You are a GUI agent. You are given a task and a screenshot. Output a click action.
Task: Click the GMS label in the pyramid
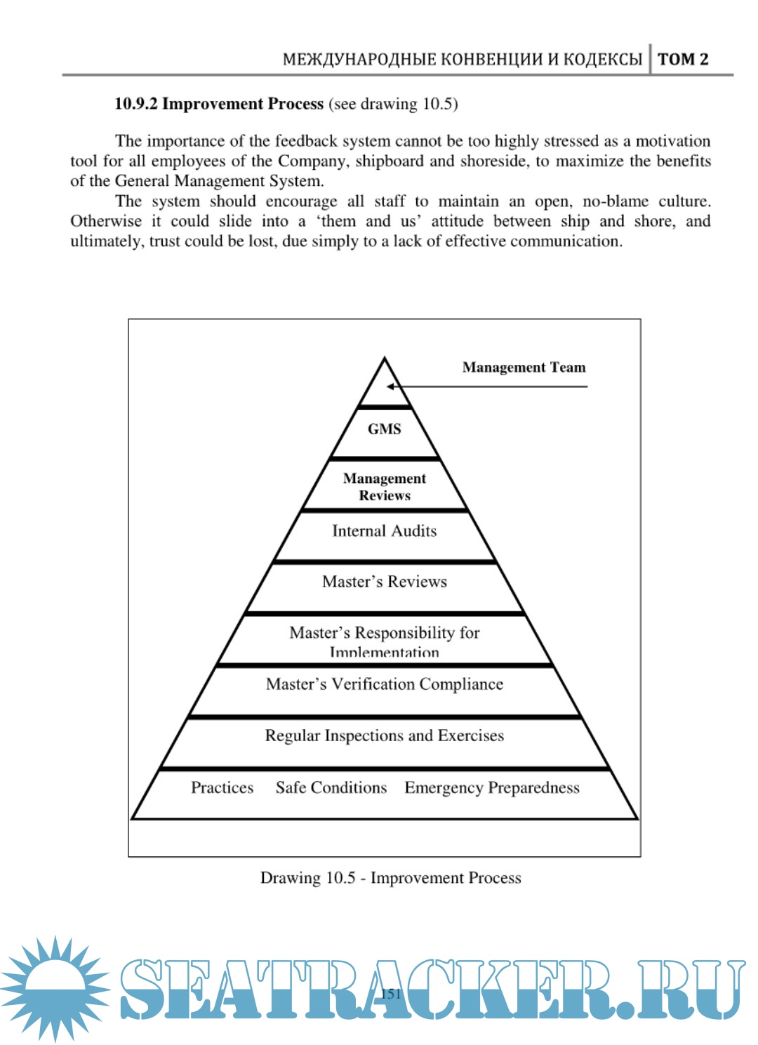pos(384,429)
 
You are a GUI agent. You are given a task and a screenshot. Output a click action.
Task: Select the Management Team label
pos(524,367)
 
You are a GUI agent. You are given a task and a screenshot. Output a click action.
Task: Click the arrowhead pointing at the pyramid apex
pos(390,386)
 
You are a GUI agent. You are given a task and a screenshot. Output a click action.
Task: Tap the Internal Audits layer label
pos(384,531)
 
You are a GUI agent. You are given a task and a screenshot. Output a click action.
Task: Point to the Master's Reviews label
pos(384,582)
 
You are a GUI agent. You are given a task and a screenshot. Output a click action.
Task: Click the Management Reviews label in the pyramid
pos(384,486)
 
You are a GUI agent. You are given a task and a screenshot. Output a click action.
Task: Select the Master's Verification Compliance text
pos(384,684)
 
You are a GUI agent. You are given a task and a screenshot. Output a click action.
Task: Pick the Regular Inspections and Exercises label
pos(384,736)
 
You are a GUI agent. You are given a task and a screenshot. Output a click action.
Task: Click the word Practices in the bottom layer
pos(222,787)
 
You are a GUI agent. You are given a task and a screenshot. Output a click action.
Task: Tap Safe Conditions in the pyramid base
pos(331,787)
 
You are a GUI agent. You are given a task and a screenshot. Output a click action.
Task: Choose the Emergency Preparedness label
pos(491,787)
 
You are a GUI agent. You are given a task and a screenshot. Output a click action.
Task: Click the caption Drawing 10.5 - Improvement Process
pos(390,878)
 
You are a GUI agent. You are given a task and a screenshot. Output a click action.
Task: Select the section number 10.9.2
pos(135,104)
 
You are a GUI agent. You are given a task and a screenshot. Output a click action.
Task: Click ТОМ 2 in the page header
pos(683,59)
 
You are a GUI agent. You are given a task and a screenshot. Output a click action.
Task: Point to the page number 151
pos(390,993)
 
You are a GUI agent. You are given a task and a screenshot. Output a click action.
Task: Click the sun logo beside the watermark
pos(55,987)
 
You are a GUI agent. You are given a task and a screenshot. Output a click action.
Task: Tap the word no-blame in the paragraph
pos(615,201)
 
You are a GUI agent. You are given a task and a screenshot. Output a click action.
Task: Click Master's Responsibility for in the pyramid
pos(384,633)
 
